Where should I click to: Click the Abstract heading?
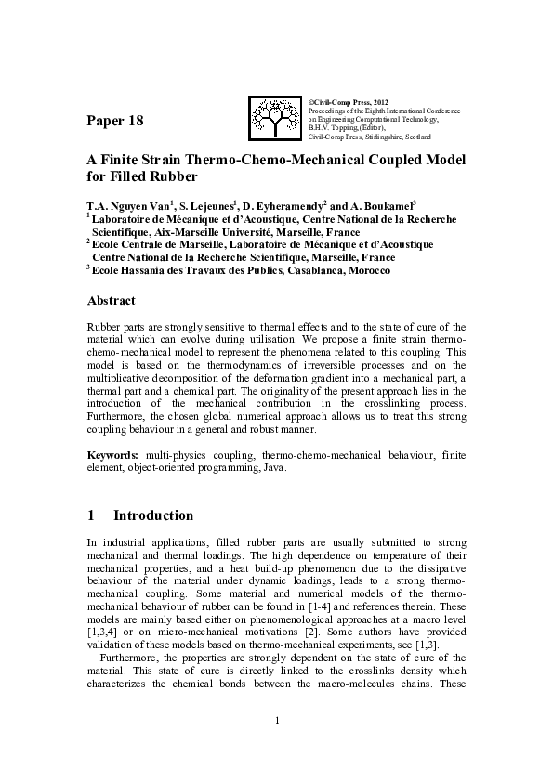pyautogui.click(x=111, y=301)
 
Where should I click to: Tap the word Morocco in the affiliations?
pyautogui.click(x=365, y=271)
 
